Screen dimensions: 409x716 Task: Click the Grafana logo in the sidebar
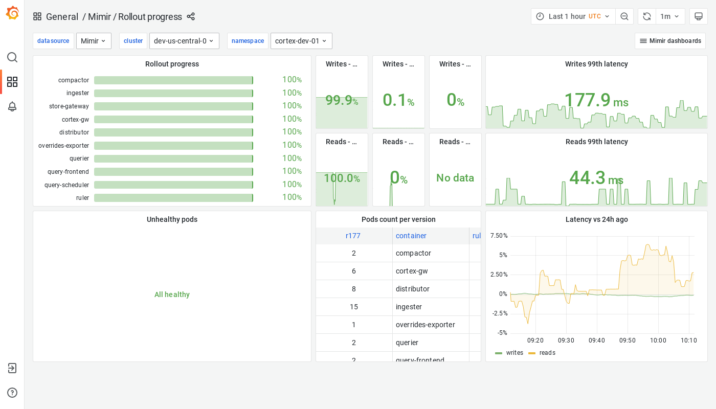(x=12, y=13)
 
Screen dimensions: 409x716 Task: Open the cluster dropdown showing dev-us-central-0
(x=184, y=41)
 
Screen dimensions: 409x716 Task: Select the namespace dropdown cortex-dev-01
(x=301, y=41)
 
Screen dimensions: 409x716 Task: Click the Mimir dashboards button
(x=670, y=41)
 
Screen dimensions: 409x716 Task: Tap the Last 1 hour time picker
(x=573, y=16)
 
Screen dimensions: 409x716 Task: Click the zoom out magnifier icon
(x=624, y=16)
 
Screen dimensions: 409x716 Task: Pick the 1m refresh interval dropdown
(x=670, y=16)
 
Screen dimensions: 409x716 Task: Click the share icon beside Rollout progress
(x=191, y=16)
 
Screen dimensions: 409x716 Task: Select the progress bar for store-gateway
(x=173, y=106)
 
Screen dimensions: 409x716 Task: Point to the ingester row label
(x=78, y=93)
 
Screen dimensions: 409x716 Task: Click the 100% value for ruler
(x=292, y=197)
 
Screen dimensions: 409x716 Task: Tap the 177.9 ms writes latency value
(x=596, y=100)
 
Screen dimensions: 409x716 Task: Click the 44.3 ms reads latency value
(x=596, y=178)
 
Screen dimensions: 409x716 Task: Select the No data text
(x=455, y=178)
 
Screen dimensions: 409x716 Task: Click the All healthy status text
(x=172, y=294)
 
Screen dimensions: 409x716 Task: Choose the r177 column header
(x=353, y=236)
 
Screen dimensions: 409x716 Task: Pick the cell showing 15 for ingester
(x=354, y=307)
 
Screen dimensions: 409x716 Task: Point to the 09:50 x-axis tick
(x=627, y=340)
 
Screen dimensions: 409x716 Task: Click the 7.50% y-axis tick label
(x=499, y=236)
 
